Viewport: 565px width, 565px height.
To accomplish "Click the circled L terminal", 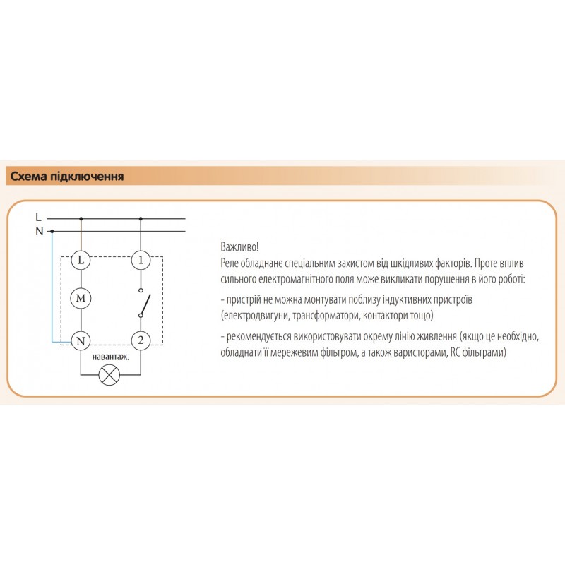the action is click(x=81, y=260).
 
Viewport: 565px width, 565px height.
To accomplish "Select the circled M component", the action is click(x=81, y=298).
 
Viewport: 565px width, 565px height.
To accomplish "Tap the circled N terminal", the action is click(x=81, y=340).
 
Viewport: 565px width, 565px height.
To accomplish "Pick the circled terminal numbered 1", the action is click(x=141, y=260).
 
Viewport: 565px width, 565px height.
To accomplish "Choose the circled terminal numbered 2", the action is click(x=141, y=340).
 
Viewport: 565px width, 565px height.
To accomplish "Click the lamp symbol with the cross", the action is click(x=109, y=375).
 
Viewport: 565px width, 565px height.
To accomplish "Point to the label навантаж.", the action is click(x=111, y=357).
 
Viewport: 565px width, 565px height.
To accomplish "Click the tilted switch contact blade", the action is click(x=145, y=305).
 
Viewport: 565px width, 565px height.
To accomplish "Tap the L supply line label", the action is click(x=39, y=217).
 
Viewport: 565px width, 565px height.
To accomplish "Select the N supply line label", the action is click(x=40, y=232).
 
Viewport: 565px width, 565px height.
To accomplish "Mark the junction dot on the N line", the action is click(x=52, y=231).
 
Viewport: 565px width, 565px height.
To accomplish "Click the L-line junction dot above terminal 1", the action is click(x=141, y=219).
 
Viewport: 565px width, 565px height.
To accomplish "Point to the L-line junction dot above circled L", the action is click(x=81, y=219).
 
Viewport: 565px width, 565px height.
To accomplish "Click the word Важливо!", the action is click(x=239, y=247).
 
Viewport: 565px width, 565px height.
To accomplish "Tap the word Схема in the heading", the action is click(x=28, y=177).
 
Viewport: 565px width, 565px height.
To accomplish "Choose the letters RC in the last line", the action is click(x=455, y=352).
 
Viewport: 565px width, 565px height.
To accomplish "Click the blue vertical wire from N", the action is click(x=52, y=286).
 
